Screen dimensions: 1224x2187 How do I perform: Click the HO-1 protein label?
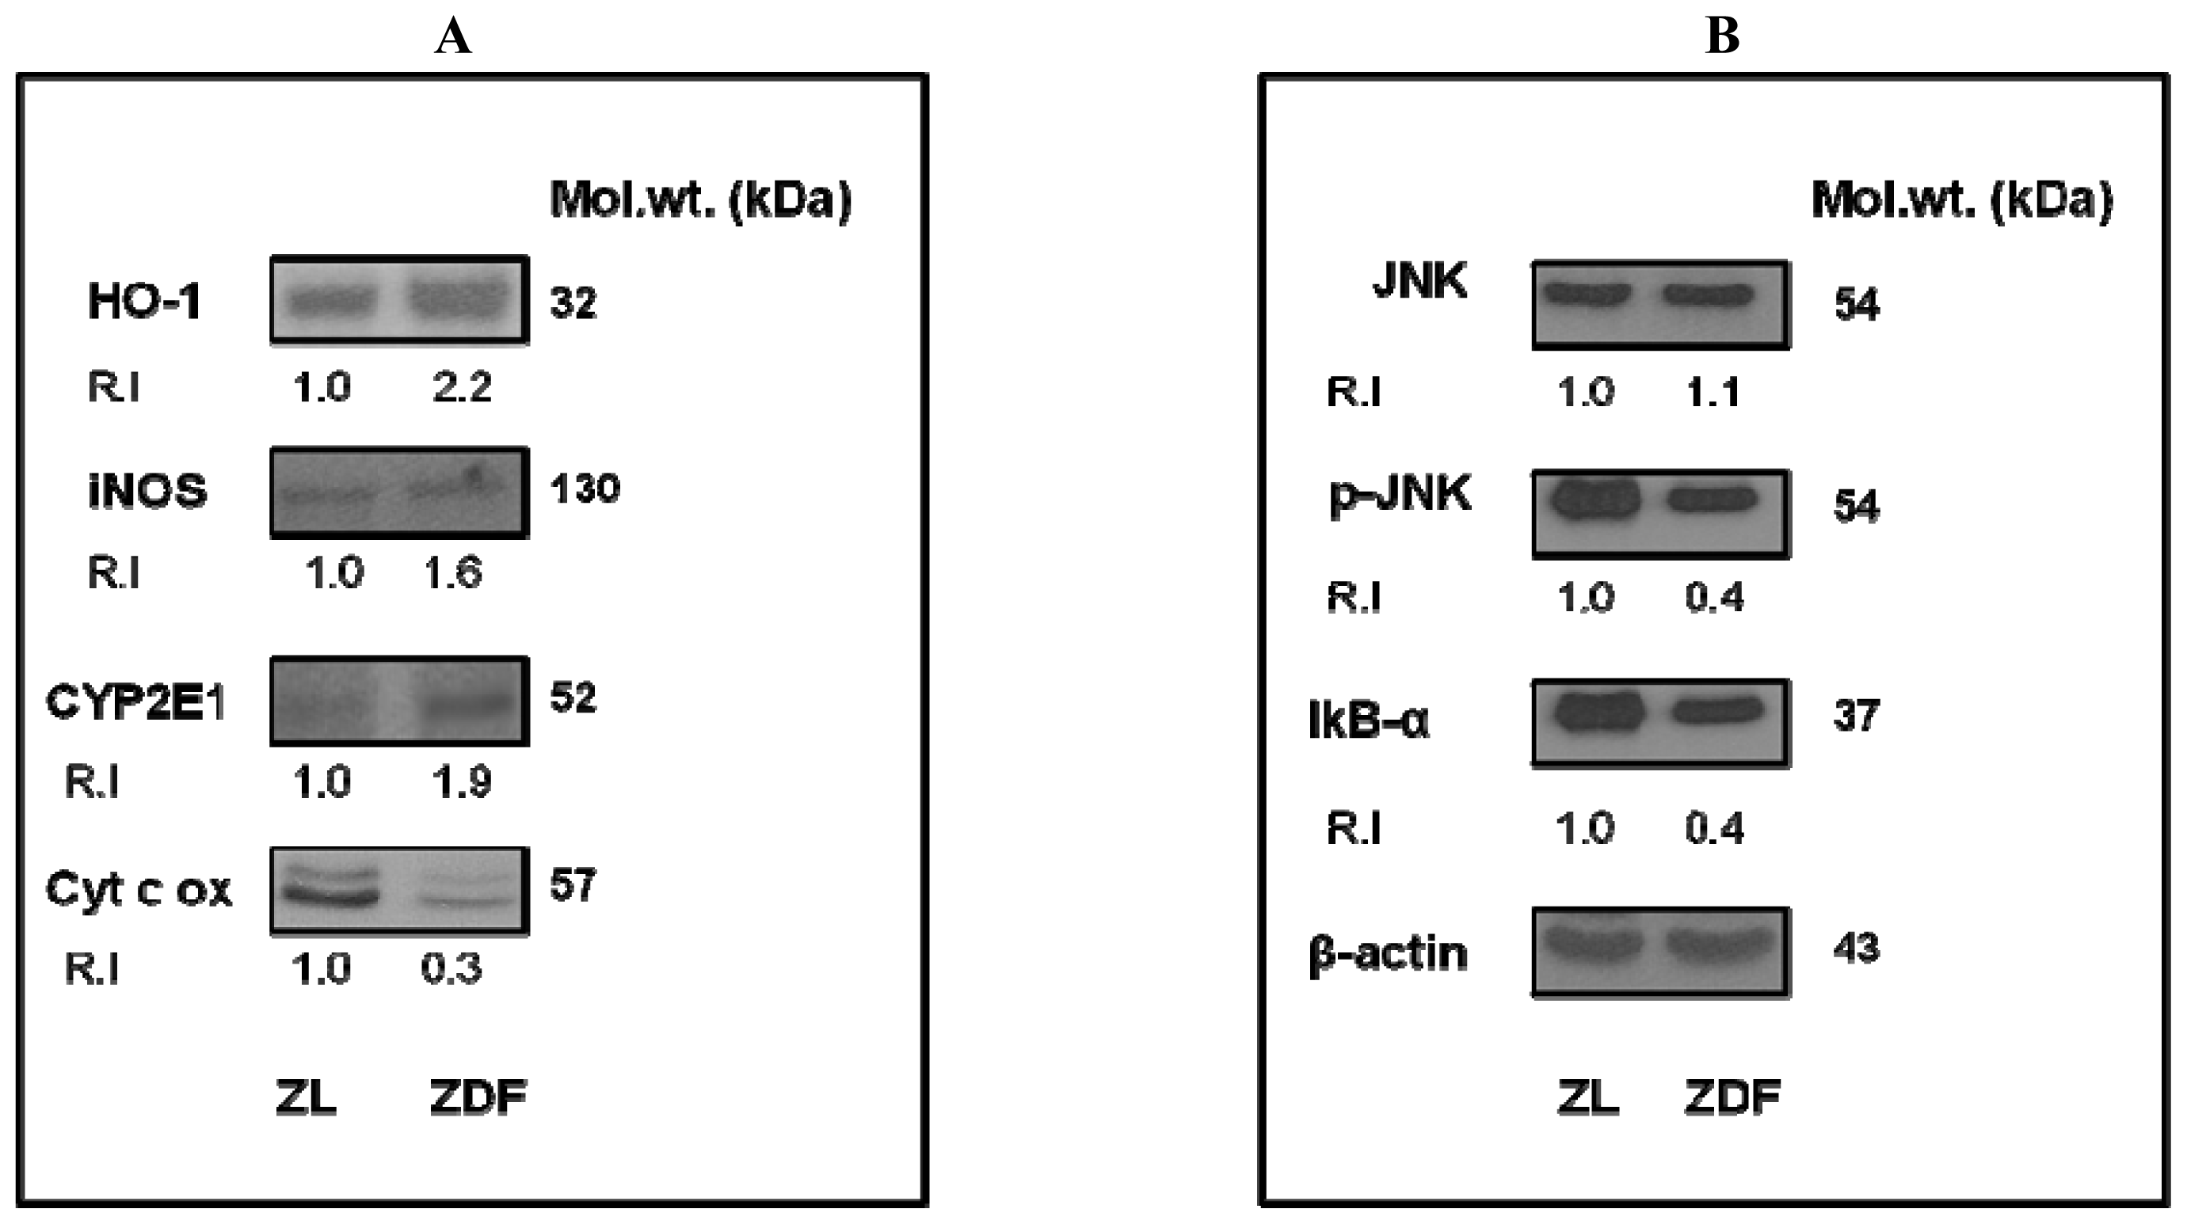pos(143,302)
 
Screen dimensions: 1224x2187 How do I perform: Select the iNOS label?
pos(147,492)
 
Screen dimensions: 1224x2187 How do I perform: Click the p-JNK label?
pos(1400,494)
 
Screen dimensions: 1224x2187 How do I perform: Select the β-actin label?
pos(1388,953)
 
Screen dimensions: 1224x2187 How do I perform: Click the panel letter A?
pos(452,36)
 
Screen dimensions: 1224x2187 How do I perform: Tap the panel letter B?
pos(1723,36)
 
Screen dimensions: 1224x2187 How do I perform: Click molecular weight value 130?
pos(585,489)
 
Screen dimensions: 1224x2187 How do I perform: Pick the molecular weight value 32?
pos(573,303)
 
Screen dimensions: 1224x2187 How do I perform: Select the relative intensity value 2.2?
pos(462,388)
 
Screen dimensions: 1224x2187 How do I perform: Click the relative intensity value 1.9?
pos(462,781)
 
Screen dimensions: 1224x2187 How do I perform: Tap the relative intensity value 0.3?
pos(451,968)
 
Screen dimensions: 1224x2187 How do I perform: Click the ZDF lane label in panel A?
pos(478,1097)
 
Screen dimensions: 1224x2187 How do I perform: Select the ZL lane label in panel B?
pos(1587,1097)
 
